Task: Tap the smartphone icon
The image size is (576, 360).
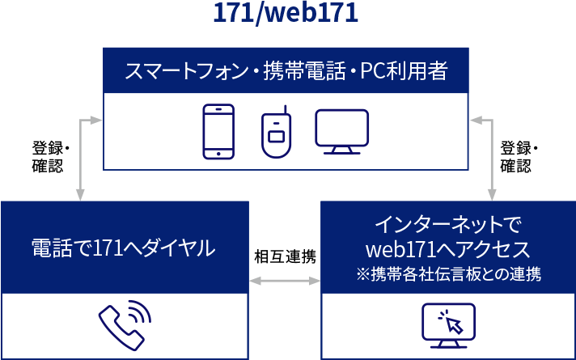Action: [218, 131]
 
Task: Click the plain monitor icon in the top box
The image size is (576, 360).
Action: [341, 131]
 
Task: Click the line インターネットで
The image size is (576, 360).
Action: [447, 222]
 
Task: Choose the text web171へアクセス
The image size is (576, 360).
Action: [447, 247]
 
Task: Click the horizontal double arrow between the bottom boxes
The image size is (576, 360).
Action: [284, 281]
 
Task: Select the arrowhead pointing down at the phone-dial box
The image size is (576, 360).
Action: [80, 193]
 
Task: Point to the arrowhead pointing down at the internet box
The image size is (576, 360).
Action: [491, 193]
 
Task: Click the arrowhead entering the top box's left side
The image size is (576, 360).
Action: [96, 121]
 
